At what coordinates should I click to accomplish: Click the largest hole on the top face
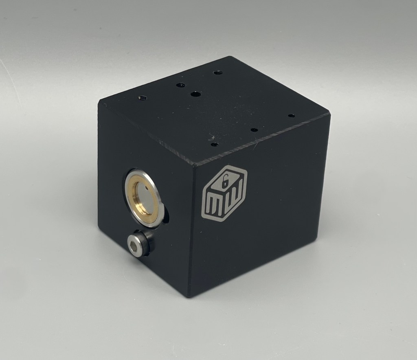[x=195, y=94]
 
